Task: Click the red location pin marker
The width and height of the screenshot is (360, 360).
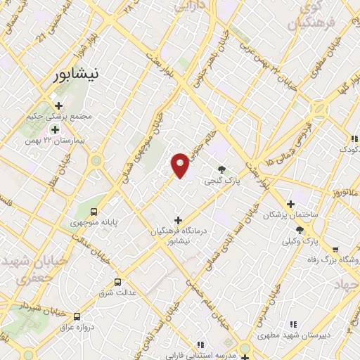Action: tap(180, 165)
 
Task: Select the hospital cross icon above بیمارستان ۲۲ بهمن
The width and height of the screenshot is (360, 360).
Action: tap(55, 129)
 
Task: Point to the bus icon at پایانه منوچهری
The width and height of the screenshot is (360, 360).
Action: tap(94, 212)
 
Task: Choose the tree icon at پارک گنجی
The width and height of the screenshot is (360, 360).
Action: tap(222, 169)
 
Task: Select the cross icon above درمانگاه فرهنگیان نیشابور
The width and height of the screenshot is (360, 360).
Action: tap(177, 220)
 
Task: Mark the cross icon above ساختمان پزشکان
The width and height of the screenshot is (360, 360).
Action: tap(291, 203)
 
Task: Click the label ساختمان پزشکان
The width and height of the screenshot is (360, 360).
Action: tap(290, 214)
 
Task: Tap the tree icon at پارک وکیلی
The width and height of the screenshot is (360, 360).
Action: tap(300, 230)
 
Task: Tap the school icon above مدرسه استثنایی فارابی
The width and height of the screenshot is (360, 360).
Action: tap(200, 345)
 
